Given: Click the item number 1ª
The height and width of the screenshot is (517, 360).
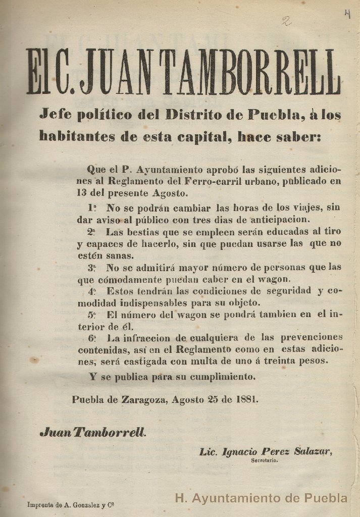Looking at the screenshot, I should [x=92, y=207].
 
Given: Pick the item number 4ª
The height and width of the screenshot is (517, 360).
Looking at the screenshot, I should [x=92, y=291].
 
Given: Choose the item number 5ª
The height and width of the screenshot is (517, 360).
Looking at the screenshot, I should [x=92, y=315].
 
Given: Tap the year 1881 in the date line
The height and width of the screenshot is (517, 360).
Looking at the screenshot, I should [x=247, y=399].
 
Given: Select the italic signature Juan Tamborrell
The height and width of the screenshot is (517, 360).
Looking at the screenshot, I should [x=93, y=432].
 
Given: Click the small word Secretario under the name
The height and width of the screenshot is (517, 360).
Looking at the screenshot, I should [x=263, y=460].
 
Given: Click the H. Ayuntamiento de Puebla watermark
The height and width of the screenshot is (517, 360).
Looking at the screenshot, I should [x=261, y=498].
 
